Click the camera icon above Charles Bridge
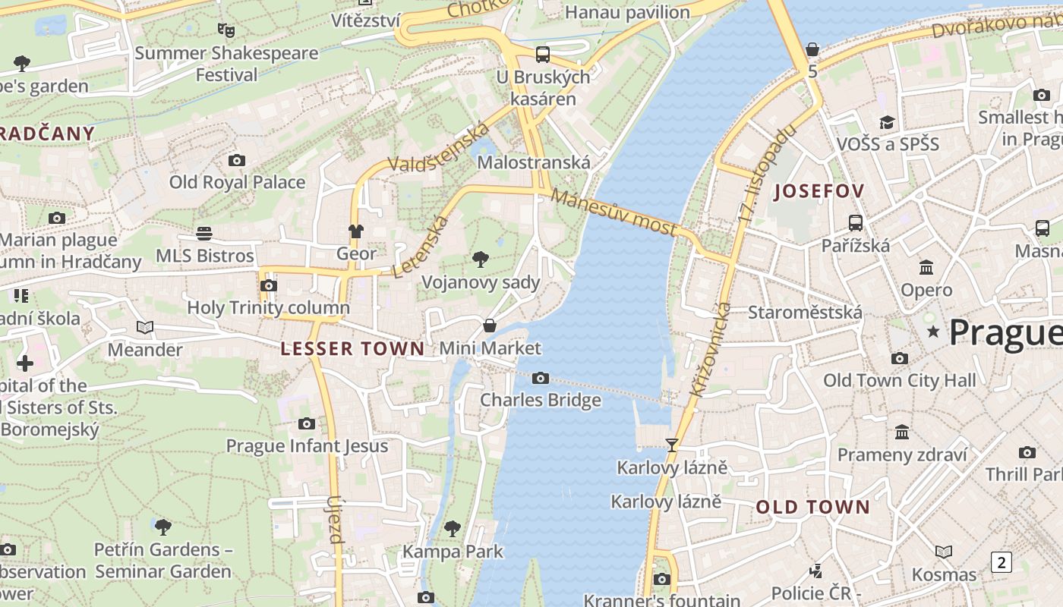click(x=541, y=378)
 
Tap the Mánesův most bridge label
click(x=614, y=213)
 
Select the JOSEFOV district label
click(x=819, y=191)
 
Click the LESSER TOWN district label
click(x=352, y=349)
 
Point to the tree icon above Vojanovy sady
click(x=480, y=259)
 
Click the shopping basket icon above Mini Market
click(x=490, y=326)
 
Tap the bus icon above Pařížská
click(x=856, y=223)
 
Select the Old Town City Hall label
click(x=900, y=380)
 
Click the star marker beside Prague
click(x=933, y=332)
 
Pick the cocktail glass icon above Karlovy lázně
click(x=671, y=445)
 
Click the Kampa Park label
click(x=453, y=552)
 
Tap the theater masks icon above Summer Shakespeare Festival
click(x=226, y=30)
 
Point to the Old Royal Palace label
click(x=237, y=182)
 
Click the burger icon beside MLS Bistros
click(x=203, y=233)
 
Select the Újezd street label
click(x=335, y=520)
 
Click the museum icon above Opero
click(x=926, y=267)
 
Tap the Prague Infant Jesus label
click(x=307, y=445)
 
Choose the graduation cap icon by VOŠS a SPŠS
click(x=887, y=122)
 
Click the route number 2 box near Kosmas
click(x=1001, y=562)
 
